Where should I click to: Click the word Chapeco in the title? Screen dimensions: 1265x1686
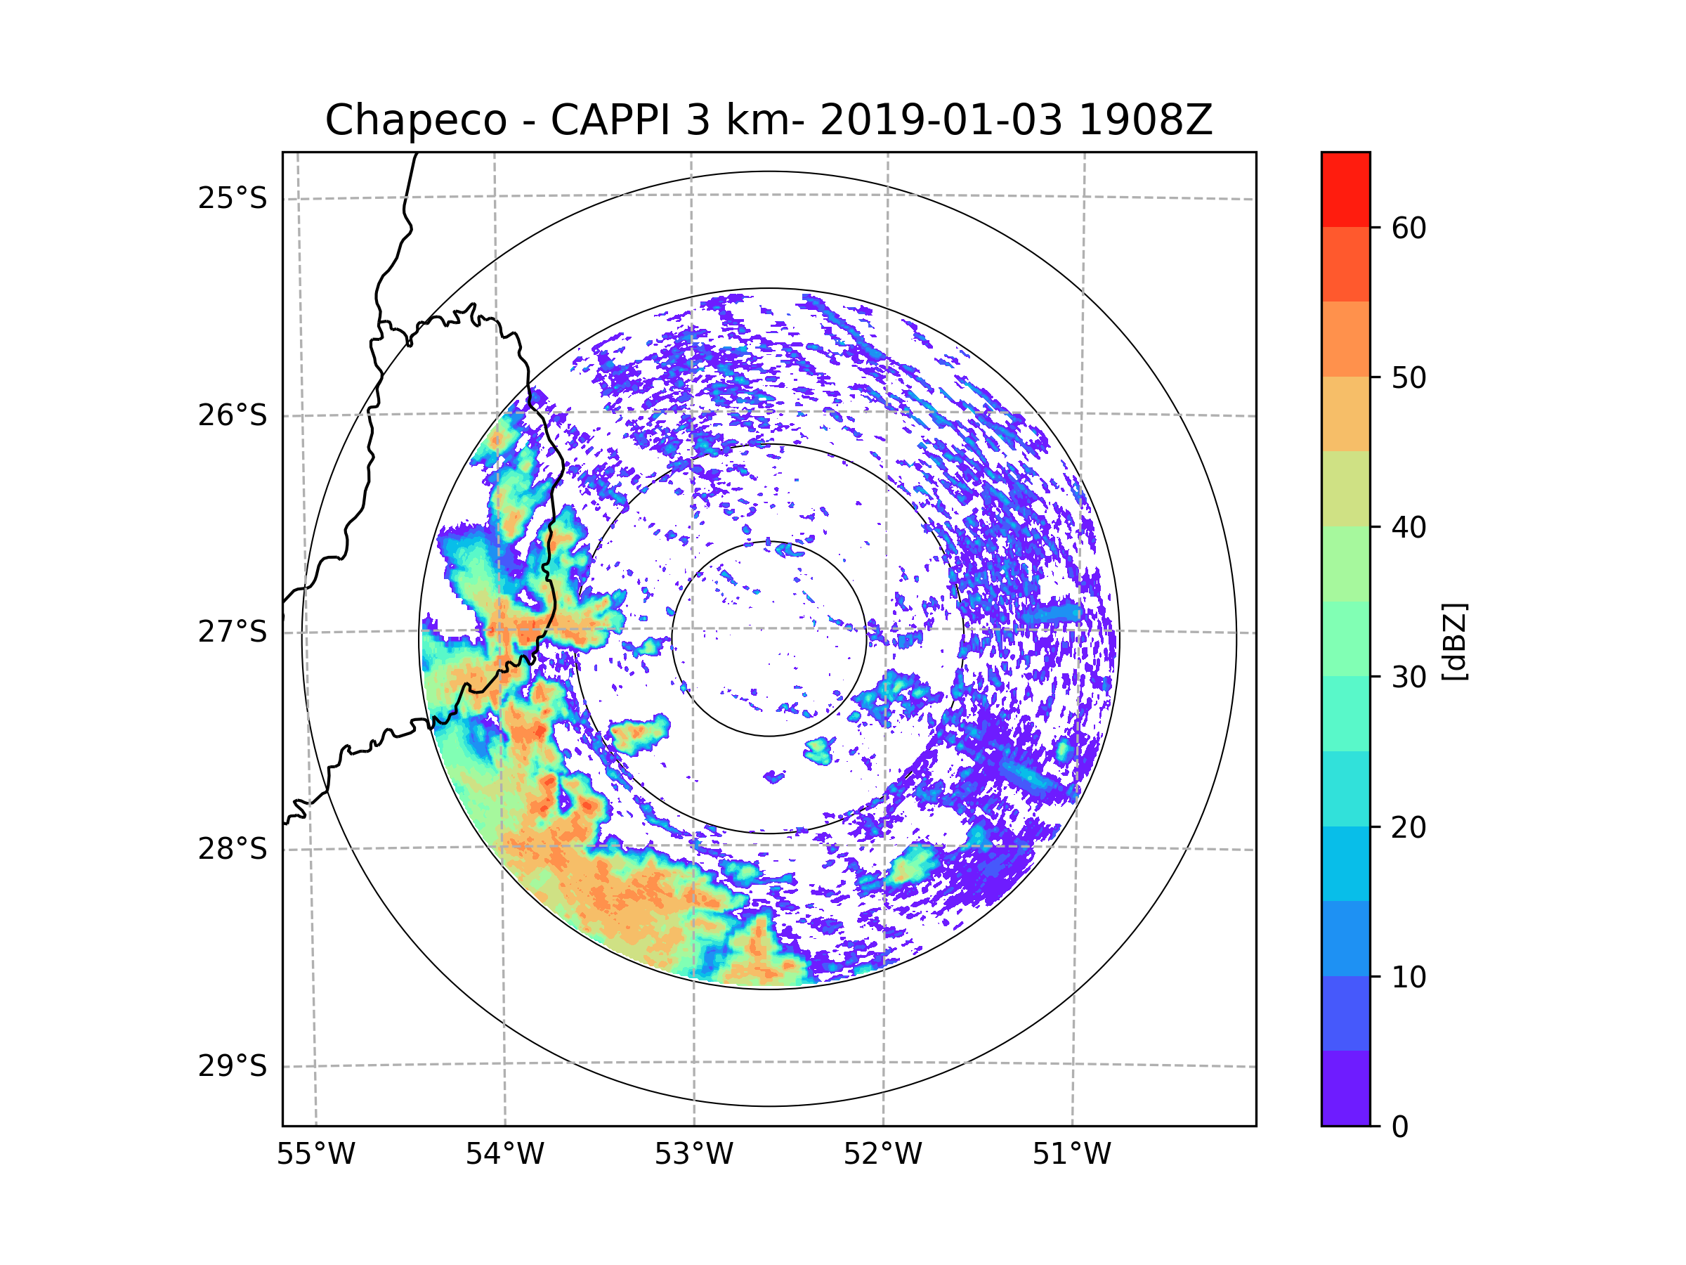tap(415, 120)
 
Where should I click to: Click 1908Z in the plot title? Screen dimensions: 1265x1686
tap(1145, 120)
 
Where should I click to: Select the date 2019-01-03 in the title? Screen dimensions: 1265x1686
tap(941, 120)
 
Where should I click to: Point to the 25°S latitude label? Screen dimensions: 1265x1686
tap(233, 198)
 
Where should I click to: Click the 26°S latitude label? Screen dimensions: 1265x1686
tap(233, 415)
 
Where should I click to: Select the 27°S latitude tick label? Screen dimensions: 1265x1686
tap(233, 632)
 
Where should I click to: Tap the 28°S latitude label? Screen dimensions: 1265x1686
tap(233, 849)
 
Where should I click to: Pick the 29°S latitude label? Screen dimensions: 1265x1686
tap(233, 1066)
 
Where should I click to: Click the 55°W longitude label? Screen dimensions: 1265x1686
tap(315, 1155)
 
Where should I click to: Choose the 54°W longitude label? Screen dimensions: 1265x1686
tap(504, 1155)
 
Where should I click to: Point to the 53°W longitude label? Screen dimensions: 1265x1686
tap(693, 1155)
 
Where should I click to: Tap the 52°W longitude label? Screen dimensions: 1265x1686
tap(882, 1155)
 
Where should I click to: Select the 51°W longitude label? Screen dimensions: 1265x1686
tap(1071, 1155)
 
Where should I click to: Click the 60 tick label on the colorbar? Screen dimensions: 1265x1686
tap(1409, 228)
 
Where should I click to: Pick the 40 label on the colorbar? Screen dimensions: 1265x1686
tap(1409, 528)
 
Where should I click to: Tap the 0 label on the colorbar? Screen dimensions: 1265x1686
tap(1400, 1127)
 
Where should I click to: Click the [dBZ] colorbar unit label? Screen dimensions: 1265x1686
tap(1453, 641)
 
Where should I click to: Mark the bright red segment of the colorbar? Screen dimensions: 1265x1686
tap(1345, 189)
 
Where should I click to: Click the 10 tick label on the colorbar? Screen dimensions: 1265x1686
tap(1409, 977)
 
